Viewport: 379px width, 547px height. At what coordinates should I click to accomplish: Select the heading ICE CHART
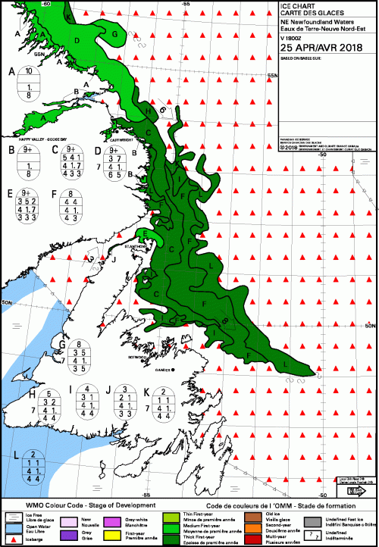tap(298, 6)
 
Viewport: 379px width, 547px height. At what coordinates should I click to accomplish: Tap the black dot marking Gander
tap(174, 369)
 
